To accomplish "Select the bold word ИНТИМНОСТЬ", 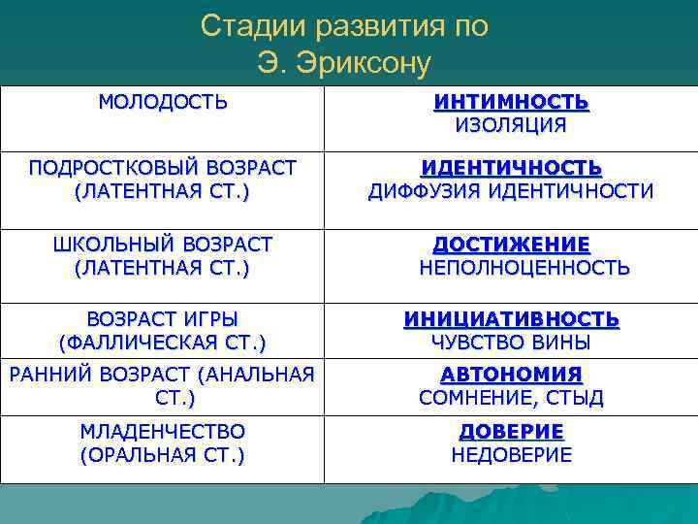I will (511, 101).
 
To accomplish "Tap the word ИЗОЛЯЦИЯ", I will (511, 124).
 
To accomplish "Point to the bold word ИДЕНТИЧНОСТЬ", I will (511, 168).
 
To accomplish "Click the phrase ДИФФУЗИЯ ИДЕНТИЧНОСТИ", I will (511, 191).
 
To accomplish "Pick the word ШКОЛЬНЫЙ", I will (110, 244).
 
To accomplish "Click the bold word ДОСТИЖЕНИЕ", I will (511, 244).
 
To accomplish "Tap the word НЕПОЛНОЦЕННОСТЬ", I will (524, 268).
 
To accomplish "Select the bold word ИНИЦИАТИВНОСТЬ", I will (511, 318).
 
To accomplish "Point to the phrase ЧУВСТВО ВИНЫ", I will (511, 342).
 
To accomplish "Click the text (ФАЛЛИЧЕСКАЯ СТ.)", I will (162, 342).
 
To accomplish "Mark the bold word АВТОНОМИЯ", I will (511, 374).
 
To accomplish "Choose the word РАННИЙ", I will (47, 374).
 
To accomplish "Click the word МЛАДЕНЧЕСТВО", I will (162, 430).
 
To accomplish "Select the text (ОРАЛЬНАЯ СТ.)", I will (162, 454).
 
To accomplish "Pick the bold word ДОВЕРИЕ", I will (511, 431).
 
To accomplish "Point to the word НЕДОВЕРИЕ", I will (511, 454).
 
